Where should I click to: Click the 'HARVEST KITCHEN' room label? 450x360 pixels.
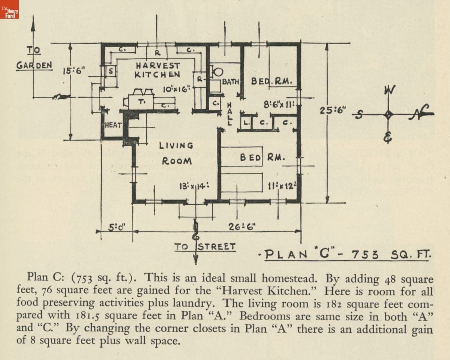coord(157,70)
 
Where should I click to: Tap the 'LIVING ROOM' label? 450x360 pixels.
coord(177,153)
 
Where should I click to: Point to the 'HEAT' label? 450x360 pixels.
coord(112,125)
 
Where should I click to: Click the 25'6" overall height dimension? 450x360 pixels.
coord(333,111)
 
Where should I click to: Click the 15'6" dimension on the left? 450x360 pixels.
coord(74,70)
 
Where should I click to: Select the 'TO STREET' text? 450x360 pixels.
coord(205,247)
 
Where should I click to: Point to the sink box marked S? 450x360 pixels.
coord(111,70)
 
